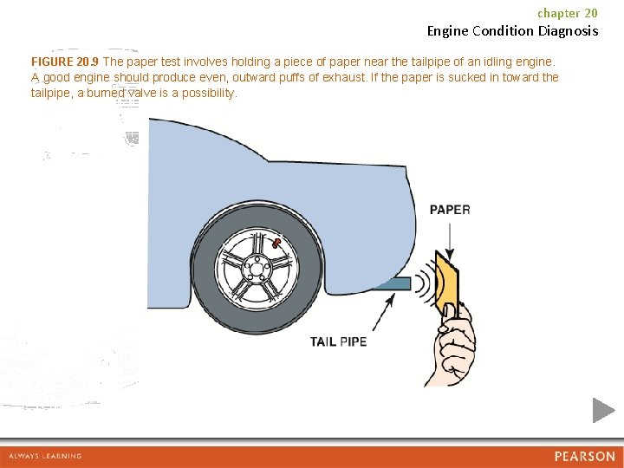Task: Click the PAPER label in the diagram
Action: pyautogui.click(x=450, y=210)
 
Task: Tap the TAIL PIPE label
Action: pyautogui.click(x=339, y=341)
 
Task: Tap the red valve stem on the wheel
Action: pyautogui.click(x=275, y=244)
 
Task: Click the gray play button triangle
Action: pyautogui.click(x=603, y=410)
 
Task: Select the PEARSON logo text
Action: pyautogui.click(x=585, y=457)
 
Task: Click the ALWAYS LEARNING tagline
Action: pyautogui.click(x=45, y=457)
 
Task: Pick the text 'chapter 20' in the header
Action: pyautogui.click(x=568, y=13)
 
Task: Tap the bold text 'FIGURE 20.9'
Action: pyautogui.click(x=65, y=62)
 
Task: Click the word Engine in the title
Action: pyautogui.click(x=449, y=31)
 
